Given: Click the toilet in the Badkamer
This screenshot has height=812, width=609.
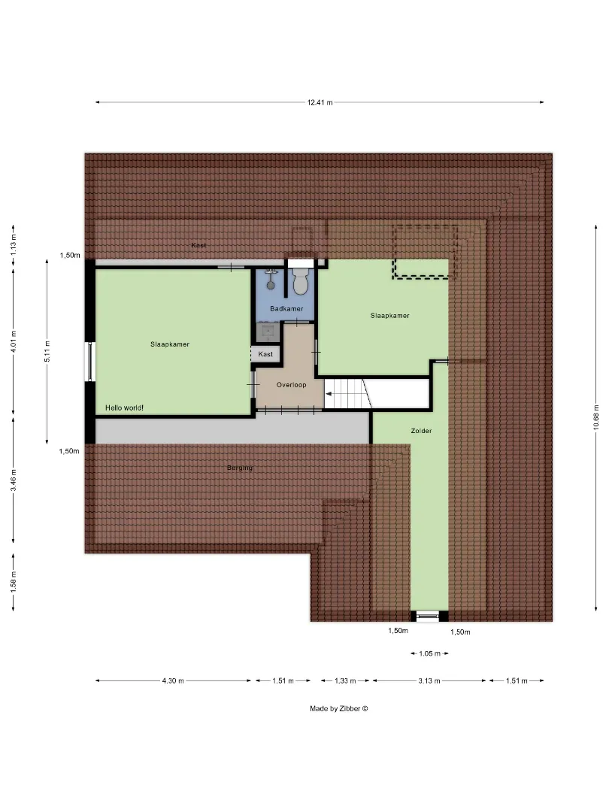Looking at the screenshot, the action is click(x=300, y=282).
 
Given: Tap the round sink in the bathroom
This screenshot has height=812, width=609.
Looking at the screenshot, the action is click(x=271, y=285).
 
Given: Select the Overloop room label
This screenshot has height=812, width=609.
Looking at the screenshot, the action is click(x=291, y=385).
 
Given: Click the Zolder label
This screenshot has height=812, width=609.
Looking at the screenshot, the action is click(x=421, y=430).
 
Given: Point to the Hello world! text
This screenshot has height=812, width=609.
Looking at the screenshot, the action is click(x=124, y=408).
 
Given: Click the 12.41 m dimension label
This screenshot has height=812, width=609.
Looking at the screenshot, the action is click(x=320, y=102).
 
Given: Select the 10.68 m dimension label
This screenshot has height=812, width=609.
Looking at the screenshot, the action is click(x=596, y=417).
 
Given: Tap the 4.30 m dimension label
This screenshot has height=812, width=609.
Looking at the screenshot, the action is click(x=173, y=680).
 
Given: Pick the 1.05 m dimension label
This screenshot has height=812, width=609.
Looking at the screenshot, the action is click(x=429, y=653).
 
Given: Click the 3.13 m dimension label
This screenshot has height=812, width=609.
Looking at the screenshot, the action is click(x=429, y=680).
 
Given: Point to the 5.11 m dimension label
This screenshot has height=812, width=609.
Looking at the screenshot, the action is click(x=47, y=352).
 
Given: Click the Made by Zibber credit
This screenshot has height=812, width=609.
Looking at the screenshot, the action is click(x=338, y=708).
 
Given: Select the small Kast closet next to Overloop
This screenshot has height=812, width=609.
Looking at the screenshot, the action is click(x=265, y=354).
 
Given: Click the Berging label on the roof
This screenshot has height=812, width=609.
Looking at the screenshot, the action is click(x=240, y=468).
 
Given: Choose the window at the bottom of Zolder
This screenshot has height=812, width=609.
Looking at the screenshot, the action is click(x=427, y=617).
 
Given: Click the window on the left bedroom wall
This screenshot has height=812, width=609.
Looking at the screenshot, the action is click(x=90, y=362).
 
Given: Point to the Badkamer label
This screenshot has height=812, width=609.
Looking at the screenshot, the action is click(x=286, y=309).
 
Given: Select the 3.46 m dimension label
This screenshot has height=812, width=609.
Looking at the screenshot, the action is click(x=14, y=480).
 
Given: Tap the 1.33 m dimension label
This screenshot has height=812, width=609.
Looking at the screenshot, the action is click(x=345, y=680).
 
